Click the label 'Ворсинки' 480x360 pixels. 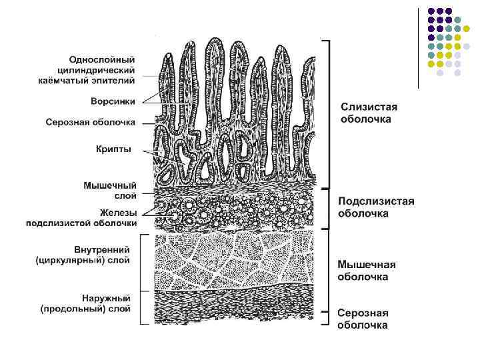(113, 101)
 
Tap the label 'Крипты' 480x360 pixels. (113, 149)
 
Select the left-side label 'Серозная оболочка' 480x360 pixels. (90, 123)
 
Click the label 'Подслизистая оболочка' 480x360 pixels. (376, 207)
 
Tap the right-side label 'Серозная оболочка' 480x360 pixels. (363, 319)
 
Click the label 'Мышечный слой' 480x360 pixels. (110, 190)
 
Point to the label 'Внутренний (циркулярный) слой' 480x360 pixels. (83, 255)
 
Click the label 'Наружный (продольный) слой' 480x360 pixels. (85, 303)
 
